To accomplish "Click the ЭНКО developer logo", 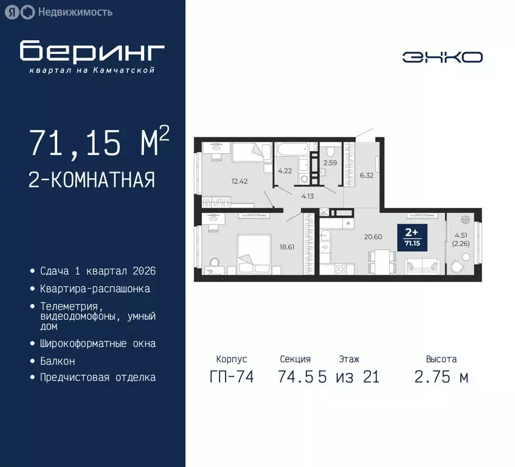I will (x=442, y=57).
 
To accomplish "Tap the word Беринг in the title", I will (x=92, y=52).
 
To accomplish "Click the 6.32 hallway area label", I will (x=367, y=175).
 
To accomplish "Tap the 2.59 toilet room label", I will (x=330, y=163).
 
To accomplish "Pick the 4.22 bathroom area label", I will (x=285, y=171).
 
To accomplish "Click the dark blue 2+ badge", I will (x=412, y=236).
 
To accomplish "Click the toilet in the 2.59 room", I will (x=330, y=151).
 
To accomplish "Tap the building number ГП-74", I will (x=231, y=377).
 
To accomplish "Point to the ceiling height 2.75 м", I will (x=441, y=377).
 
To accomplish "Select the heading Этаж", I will (x=349, y=359).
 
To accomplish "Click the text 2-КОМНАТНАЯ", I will (x=92, y=180).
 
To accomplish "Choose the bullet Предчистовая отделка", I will (x=97, y=378).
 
